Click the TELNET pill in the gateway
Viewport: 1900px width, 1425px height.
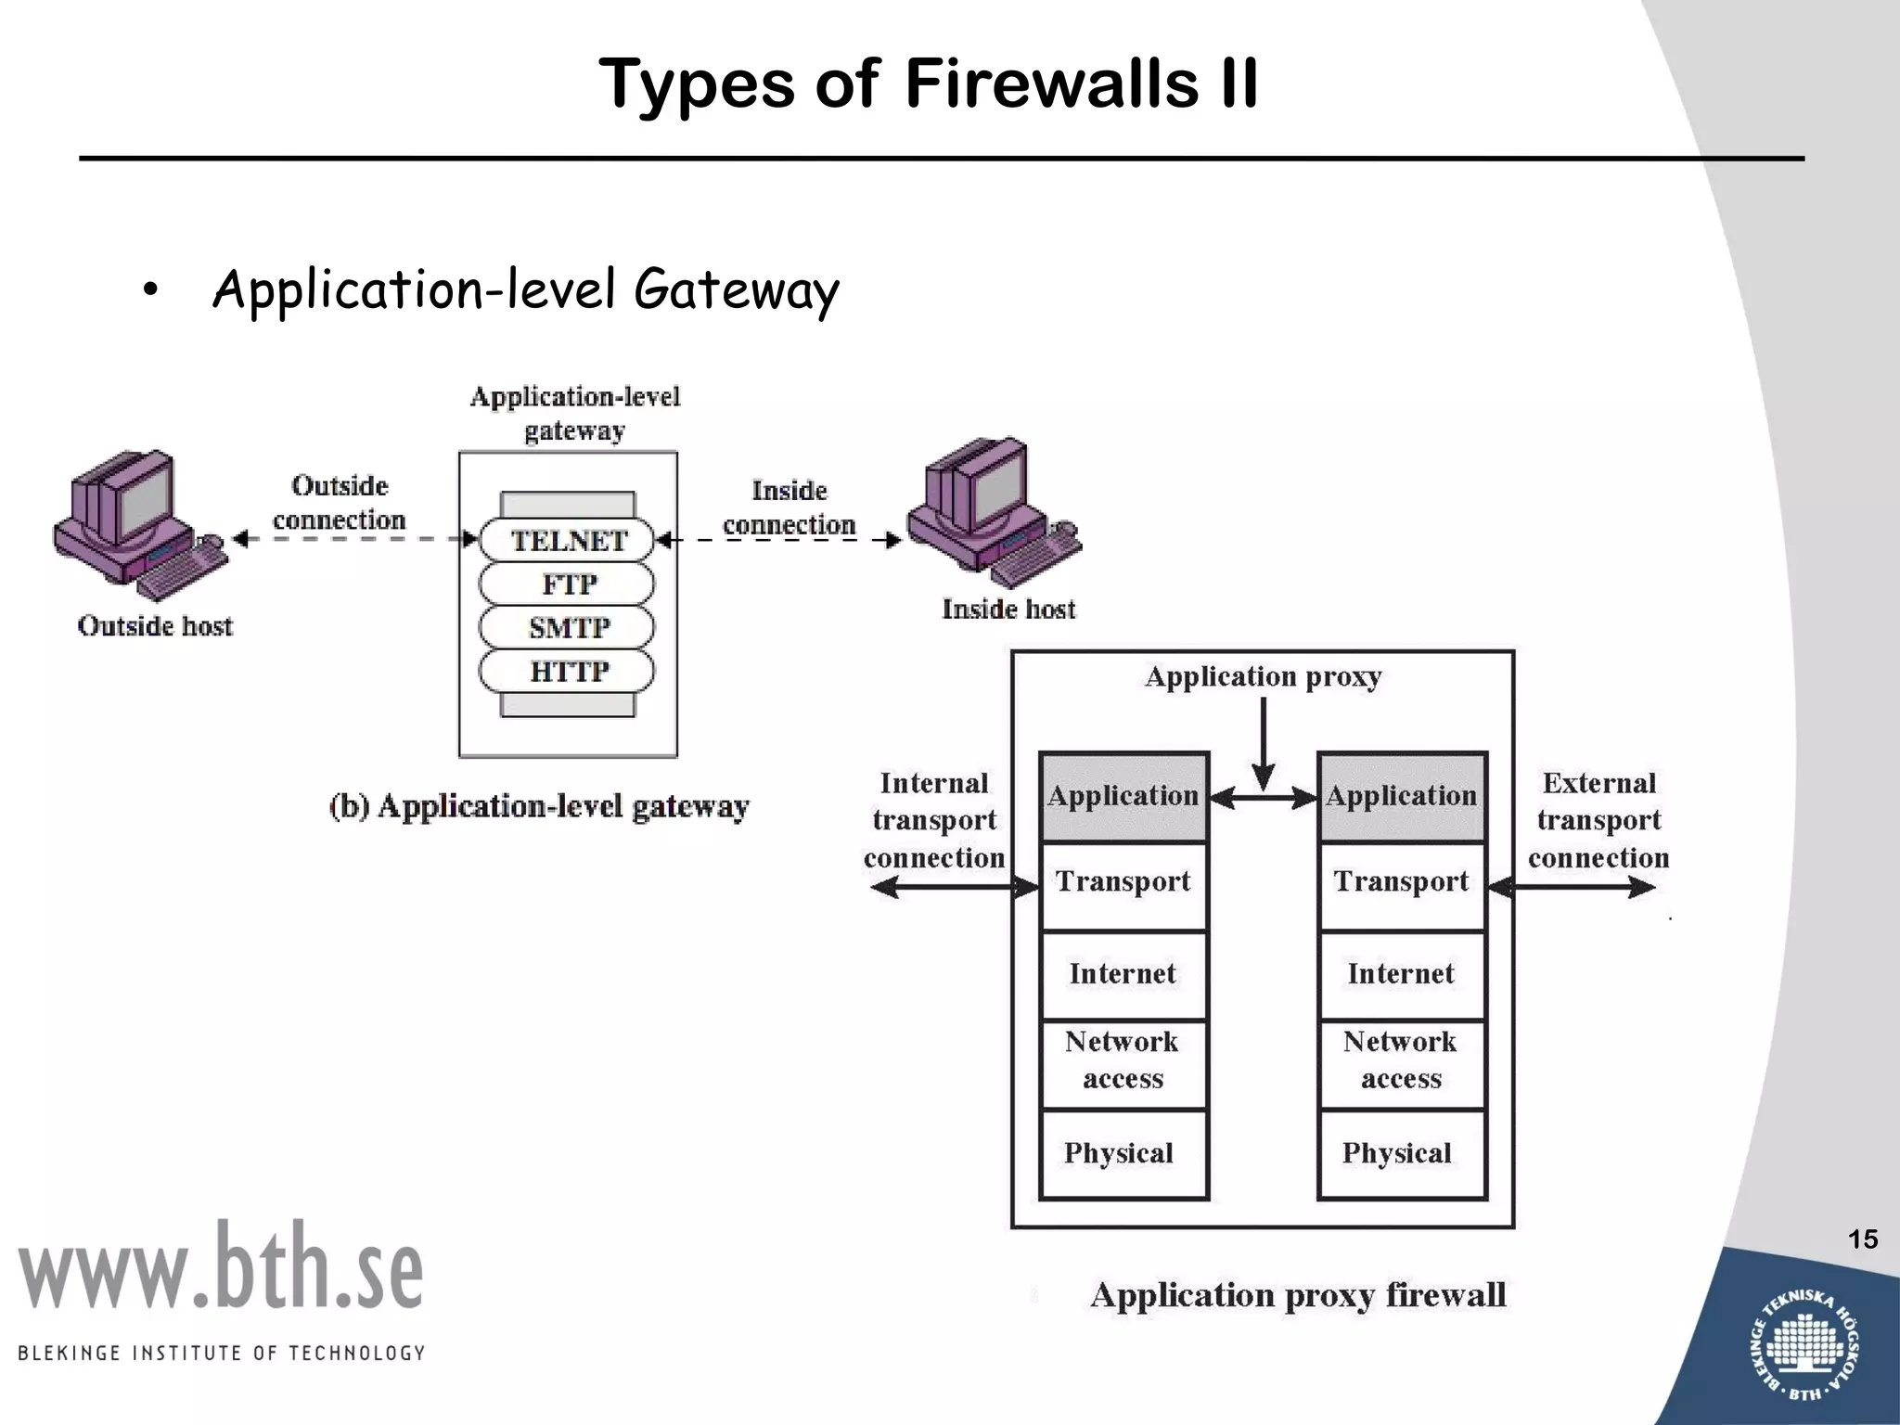(567, 540)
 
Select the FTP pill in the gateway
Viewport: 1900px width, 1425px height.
(567, 584)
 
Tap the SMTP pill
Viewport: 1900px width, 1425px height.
(567, 627)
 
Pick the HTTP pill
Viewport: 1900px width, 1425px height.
(567, 671)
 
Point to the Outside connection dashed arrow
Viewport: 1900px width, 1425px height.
(353, 539)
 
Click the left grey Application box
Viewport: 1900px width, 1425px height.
(1123, 796)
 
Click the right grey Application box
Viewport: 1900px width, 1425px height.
(1402, 796)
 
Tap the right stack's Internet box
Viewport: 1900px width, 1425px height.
(1402, 974)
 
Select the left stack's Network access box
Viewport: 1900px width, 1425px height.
(1123, 1061)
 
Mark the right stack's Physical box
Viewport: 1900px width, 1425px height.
(1402, 1153)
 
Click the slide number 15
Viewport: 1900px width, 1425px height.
(1862, 1239)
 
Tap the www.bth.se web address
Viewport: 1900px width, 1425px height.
(221, 1267)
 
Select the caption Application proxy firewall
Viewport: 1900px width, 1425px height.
(1298, 1295)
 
